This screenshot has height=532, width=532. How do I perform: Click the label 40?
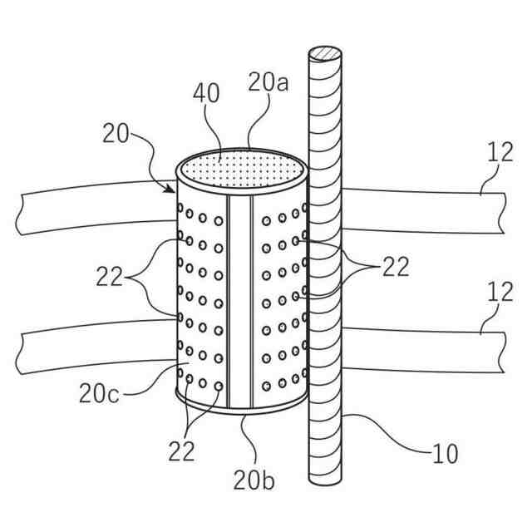pyautogui.click(x=208, y=94)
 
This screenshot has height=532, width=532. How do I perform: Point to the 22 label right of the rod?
pyautogui.click(x=395, y=266)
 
